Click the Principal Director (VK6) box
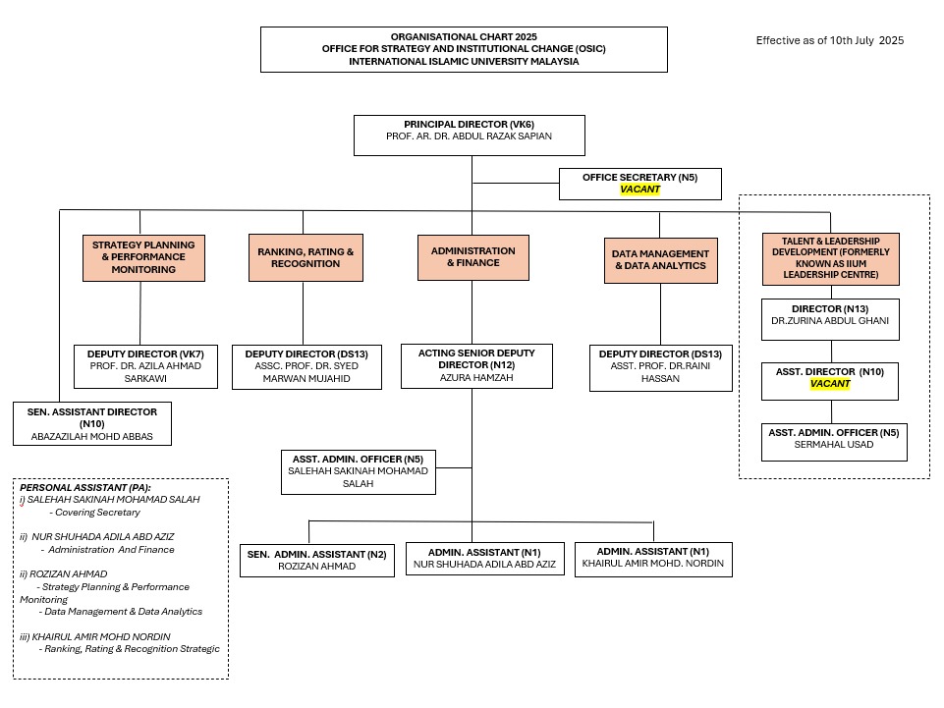click(469, 136)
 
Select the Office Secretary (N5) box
click(639, 184)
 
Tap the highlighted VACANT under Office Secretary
click(639, 190)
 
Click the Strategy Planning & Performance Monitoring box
click(143, 257)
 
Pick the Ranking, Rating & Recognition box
click(305, 257)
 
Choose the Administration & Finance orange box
click(473, 257)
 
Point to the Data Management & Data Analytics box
click(660, 260)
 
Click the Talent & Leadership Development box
click(831, 258)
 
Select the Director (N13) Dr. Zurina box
click(830, 319)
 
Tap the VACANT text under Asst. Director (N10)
click(830, 384)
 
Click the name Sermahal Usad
click(834, 444)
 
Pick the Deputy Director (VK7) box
click(145, 366)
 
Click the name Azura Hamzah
click(476, 377)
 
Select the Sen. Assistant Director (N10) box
click(92, 424)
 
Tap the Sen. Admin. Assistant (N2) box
click(316, 561)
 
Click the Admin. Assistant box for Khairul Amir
click(653, 560)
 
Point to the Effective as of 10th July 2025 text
click(830, 40)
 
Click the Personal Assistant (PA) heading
click(85, 488)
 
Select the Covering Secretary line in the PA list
click(94, 513)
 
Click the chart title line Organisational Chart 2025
click(464, 36)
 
